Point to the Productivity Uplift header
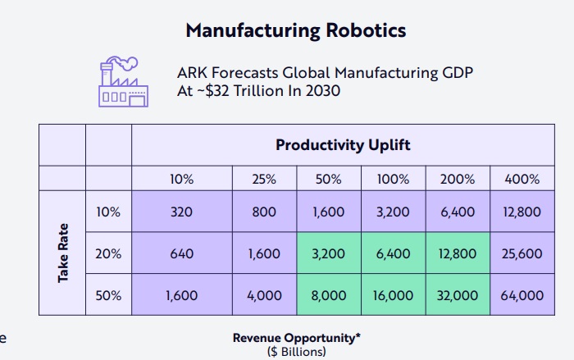(x=343, y=145)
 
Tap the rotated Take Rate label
(x=62, y=253)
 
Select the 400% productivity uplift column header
(x=522, y=179)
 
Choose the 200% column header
(x=458, y=179)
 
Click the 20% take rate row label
(x=108, y=253)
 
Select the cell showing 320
(x=181, y=212)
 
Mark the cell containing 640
(x=181, y=253)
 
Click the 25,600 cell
(x=522, y=253)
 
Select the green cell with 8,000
(x=329, y=295)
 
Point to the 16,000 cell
(x=394, y=295)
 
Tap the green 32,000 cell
(x=458, y=295)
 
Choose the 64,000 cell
(x=522, y=295)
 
